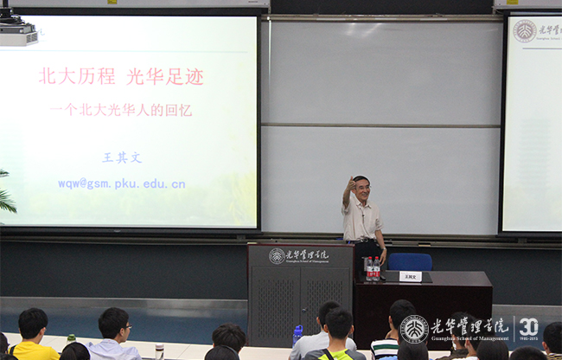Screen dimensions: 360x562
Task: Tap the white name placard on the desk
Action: (410, 277)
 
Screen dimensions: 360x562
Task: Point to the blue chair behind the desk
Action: (409, 261)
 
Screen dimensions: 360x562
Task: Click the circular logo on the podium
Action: (277, 256)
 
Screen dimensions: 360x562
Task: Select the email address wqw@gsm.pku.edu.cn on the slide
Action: (122, 183)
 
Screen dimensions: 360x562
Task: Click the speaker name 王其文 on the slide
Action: (122, 157)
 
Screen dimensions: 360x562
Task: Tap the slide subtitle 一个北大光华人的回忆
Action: (121, 110)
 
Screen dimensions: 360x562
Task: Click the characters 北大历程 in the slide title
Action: (77, 76)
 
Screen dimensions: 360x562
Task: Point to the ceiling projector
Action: (17, 31)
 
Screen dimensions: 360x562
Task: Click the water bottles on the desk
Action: (372, 269)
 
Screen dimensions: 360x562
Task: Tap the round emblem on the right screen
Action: (524, 31)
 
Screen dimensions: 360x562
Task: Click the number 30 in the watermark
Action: (528, 327)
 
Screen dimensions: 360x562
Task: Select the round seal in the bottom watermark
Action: (414, 329)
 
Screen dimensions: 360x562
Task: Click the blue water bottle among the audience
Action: (297, 334)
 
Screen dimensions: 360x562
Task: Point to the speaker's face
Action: (361, 187)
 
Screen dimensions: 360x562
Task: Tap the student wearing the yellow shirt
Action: (33, 337)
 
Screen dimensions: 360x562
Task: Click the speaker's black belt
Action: (363, 239)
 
